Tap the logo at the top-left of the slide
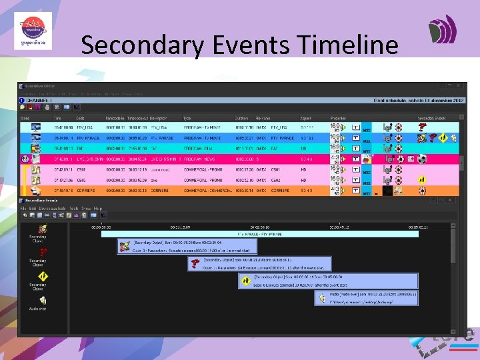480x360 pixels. (x=33, y=30)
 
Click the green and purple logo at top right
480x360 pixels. (x=443, y=30)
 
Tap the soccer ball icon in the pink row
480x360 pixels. (x=421, y=159)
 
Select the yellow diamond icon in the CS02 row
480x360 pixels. (x=421, y=180)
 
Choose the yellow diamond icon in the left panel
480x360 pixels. (x=38, y=275)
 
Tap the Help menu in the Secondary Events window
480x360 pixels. (x=98, y=209)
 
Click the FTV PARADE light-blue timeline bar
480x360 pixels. (x=260, y=234)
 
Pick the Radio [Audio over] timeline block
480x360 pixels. (x=367, y=297)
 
